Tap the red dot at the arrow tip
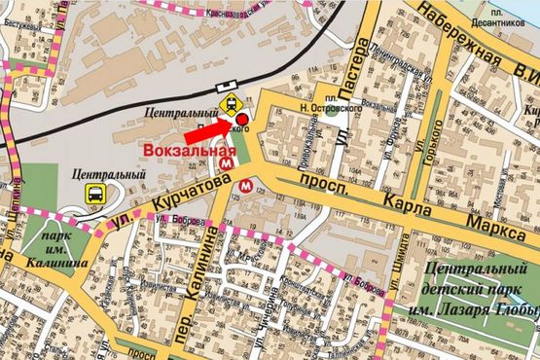pyautogui.click(x=240, y=120)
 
